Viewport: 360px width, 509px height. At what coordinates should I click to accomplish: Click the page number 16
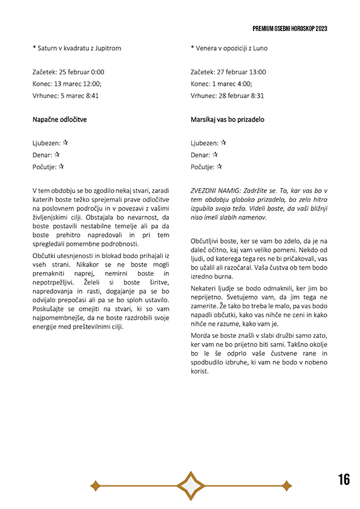344,479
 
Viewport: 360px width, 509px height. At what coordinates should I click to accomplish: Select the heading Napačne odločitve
59,120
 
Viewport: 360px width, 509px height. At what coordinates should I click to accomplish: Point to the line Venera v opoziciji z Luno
229,48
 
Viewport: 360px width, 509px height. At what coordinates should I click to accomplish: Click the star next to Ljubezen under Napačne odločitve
65,143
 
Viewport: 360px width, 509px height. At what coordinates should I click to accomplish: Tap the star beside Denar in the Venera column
215,155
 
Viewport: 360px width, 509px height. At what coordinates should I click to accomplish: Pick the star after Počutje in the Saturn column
61,166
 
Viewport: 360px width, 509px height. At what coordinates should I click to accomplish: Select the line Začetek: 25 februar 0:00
68,72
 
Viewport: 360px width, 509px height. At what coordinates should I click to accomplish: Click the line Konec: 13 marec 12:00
67,83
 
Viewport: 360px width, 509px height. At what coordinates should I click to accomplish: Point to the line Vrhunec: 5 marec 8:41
65,96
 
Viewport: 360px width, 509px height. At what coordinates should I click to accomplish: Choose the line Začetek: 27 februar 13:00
228,72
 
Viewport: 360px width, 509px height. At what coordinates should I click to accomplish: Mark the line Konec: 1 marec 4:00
221,83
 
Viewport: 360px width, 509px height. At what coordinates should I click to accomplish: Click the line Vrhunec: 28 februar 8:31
227,96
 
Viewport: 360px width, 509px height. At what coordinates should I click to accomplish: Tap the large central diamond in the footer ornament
191,485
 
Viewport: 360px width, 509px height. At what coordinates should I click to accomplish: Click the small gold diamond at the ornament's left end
95,485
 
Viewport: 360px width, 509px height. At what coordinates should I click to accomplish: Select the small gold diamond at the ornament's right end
286,485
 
